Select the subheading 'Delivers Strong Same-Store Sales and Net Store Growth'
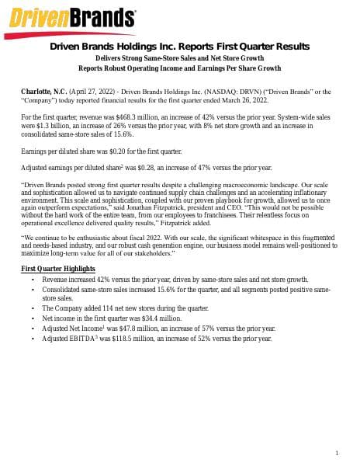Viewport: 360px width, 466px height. coord(179,58)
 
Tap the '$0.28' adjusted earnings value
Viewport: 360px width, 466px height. coord(155,167)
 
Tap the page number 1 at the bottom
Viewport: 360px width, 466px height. coord(337,453)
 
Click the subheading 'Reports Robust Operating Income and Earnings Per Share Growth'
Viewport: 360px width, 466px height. coord(179,68)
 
